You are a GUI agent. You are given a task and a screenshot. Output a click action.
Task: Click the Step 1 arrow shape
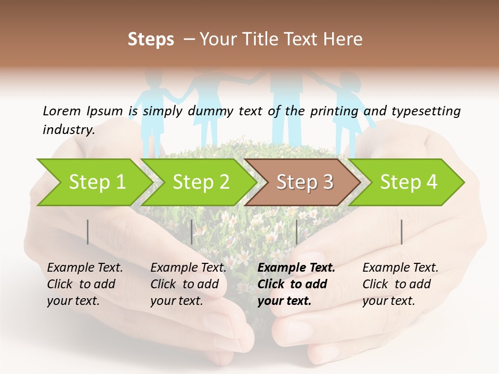[x=94, y=182]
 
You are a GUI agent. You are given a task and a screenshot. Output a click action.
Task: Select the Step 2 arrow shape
[x=200, y=182]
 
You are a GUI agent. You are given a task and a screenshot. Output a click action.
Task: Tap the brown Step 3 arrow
[x=304, y=182]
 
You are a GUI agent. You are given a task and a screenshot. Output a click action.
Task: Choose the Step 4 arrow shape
[x=408, y=182]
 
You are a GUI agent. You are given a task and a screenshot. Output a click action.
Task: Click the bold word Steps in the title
[x=151, y=39]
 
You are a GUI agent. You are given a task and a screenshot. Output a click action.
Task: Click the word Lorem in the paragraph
[x=62, y=111]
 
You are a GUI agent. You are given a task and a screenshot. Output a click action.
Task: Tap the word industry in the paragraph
[x=68, y=129]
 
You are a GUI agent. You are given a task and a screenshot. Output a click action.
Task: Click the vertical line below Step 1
[x=88, y=232]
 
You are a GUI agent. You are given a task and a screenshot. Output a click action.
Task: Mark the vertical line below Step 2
[x=192, y=232]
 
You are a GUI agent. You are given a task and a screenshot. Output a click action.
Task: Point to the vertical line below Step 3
[x=296, y=232]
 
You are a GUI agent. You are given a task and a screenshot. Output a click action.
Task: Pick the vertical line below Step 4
[x=401, y=232]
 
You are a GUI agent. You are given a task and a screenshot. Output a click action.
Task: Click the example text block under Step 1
[x=85, y=284]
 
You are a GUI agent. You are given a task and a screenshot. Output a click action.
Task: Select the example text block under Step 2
[x=188, y=284]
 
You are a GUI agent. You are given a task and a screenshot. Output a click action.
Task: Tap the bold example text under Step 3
[x=296, y=284]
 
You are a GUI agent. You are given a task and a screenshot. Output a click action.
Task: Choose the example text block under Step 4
[x=400, y=284]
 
